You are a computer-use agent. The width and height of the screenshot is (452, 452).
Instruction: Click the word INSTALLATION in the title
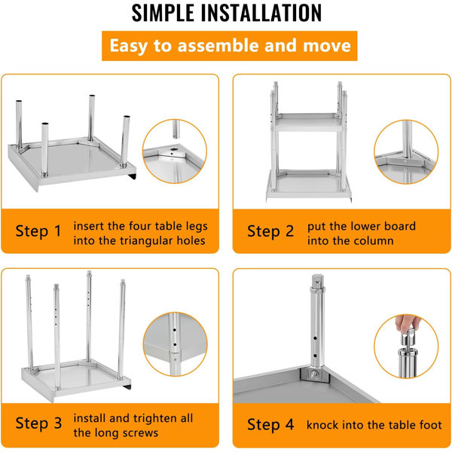261,13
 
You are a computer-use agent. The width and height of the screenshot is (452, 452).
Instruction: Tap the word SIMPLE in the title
163,13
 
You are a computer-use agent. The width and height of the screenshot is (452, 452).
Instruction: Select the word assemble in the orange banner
218,46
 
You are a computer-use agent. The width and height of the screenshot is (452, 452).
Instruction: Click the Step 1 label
38,231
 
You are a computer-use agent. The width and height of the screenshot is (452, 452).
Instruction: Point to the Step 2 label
270,231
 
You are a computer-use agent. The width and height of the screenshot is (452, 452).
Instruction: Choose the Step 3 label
38,423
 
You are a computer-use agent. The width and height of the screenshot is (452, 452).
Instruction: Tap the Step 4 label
270,424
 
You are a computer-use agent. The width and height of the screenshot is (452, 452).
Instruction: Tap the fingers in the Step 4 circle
408,323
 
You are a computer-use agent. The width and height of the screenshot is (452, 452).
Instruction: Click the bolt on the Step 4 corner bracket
315,374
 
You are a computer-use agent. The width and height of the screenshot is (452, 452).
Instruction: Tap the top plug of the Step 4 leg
317,280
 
